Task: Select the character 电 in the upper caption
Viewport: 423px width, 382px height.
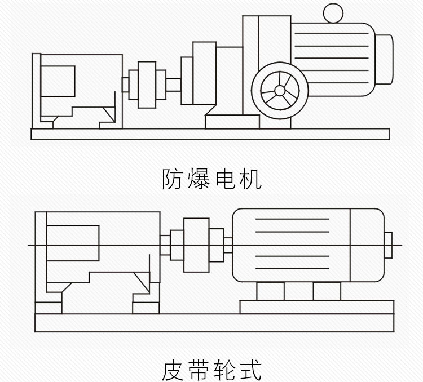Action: (x=224, y=179)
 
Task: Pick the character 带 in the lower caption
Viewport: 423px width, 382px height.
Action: (x=199, y=370)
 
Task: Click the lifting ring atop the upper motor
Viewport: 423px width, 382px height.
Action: (x=333, y=12)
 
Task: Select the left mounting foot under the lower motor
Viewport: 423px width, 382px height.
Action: (x=270, y=291)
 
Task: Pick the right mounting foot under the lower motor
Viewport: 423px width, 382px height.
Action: (x=327, y=291)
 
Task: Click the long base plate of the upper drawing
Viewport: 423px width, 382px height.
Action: (x=210, y=134)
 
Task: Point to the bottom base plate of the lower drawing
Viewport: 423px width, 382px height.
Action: (x=214, y=322)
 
